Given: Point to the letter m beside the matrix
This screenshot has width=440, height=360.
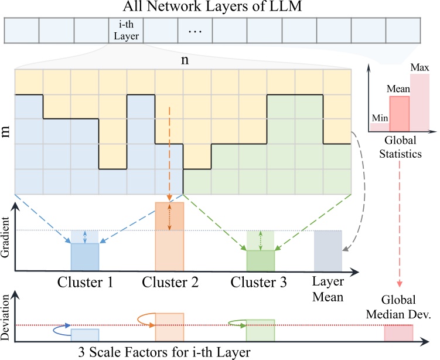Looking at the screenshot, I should [x=6, y=131].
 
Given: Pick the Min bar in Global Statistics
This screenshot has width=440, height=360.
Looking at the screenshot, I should [x=379, y=126].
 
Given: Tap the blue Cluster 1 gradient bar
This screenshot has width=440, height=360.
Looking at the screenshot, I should [x=85, y=256].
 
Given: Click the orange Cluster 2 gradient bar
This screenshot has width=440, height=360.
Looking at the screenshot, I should [x=169, y=236].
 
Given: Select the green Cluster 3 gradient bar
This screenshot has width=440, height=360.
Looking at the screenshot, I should [x=260, y=260].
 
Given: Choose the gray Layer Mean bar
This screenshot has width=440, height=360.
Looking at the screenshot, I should [x=328, y=250].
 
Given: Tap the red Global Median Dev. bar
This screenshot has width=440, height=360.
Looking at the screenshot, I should [x=398, y=332].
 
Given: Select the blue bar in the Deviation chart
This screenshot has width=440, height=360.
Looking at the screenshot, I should [x=85, y=335].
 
